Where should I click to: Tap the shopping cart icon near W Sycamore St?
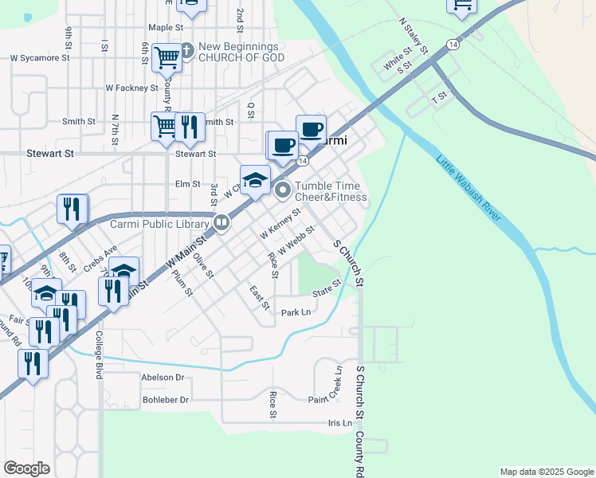tap(167, 57)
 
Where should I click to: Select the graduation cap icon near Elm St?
tap(255, 180)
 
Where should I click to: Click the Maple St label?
tap(166, 27)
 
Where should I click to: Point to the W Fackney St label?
tap(131, 88)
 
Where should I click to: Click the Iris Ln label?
tap(339, 423)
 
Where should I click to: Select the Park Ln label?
tap(296, 312)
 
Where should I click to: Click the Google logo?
tap(26, 468)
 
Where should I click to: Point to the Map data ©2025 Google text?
tap(546, 472)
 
